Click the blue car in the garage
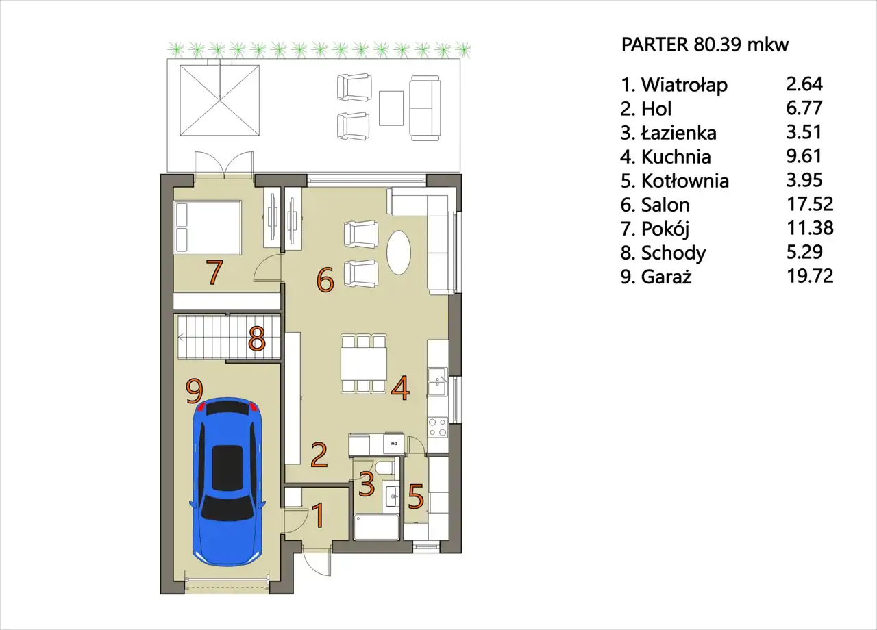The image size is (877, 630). point(227,481)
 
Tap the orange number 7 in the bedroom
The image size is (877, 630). point(215,272)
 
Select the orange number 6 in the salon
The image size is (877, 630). point(325,280)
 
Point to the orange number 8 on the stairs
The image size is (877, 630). point(257,338)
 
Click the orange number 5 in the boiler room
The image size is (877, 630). point(416,496)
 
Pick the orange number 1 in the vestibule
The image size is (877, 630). point(319,516)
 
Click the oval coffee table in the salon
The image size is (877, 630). point(399,253)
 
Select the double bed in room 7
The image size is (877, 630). point(208,227)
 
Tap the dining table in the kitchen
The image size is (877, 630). point(364,363)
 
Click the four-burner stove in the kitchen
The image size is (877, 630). point(437,427)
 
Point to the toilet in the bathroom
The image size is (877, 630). point(384,467)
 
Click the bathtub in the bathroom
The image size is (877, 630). point(376,527)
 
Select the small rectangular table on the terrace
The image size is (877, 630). point(391,108)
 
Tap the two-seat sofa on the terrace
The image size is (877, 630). point(425,108)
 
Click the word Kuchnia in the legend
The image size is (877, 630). point(676,157)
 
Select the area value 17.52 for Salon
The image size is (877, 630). point(810,204)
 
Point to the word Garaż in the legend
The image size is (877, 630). point(666,277)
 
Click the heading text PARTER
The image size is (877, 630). point(654,45)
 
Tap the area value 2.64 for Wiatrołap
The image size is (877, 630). point(804,84)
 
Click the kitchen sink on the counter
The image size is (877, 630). point(437,382)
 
